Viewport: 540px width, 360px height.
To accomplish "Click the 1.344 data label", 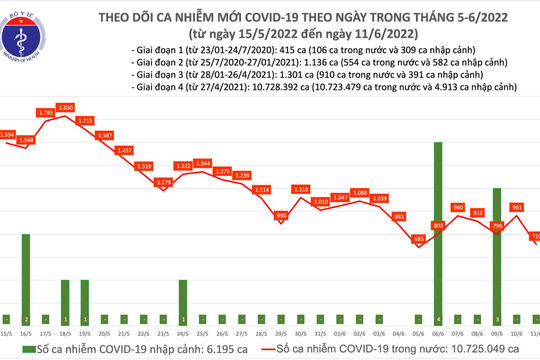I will point(203,163).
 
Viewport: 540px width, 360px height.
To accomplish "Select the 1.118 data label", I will point(300,189).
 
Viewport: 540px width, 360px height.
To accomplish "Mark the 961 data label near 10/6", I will point(517,207).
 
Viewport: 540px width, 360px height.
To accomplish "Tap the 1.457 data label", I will point(125,150).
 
